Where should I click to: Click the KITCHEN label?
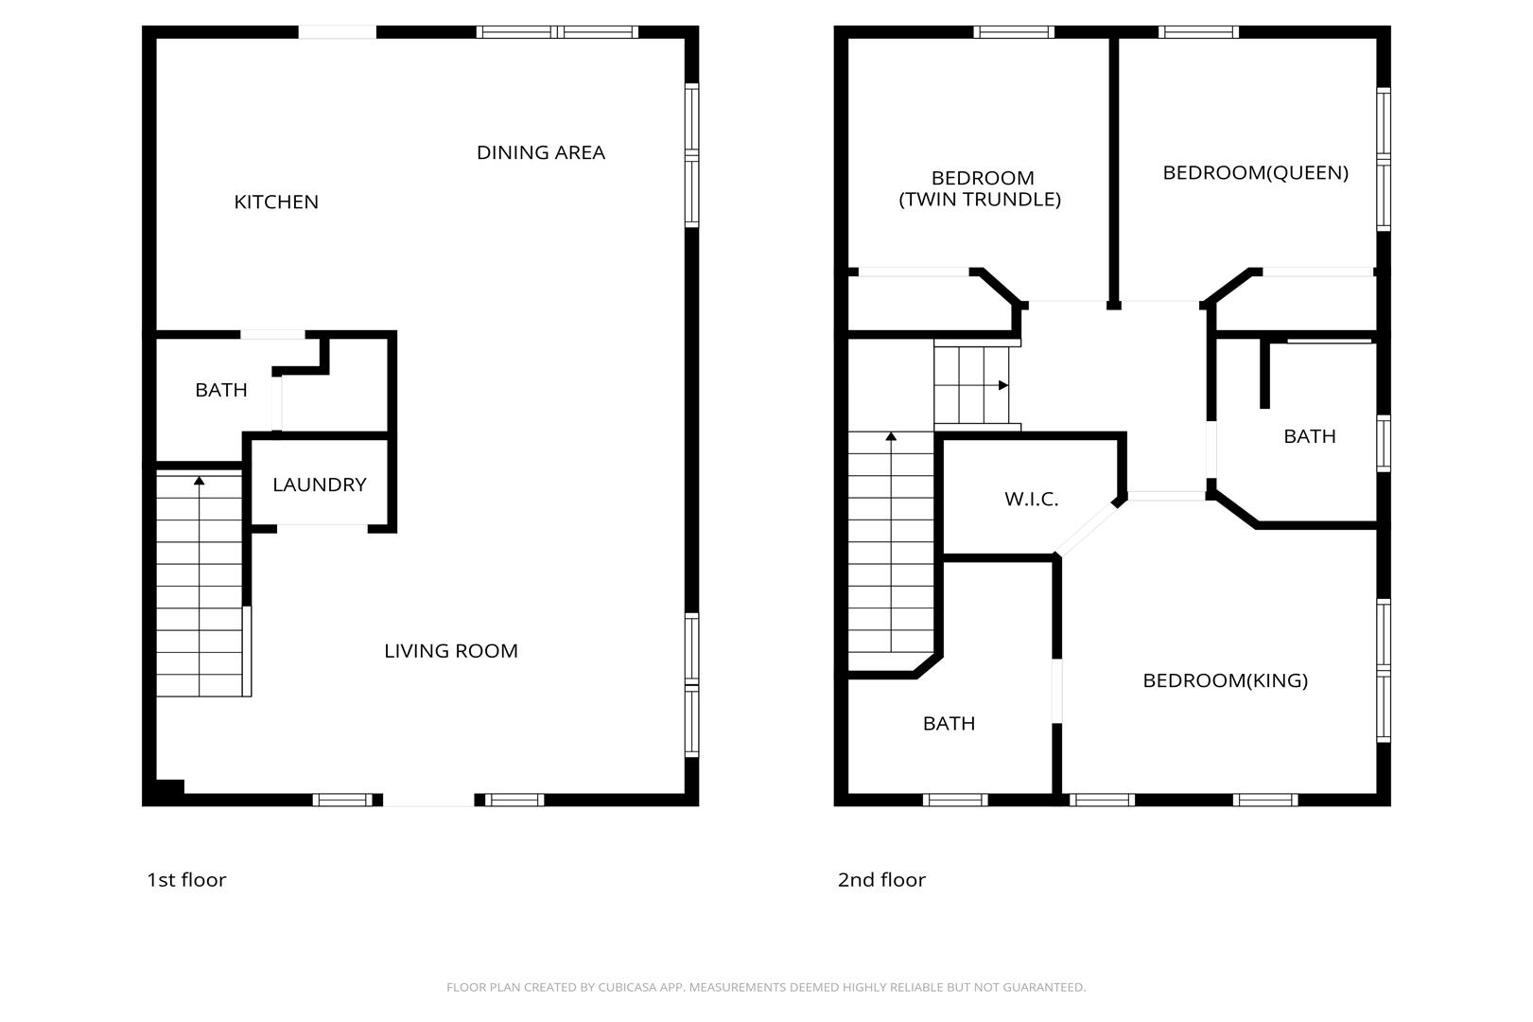pyautogui.click(x=276, y=203)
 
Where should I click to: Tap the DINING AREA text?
pyautogui.click(x=541, y=152)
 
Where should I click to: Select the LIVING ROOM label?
pyautogui.click(x=451, y=651)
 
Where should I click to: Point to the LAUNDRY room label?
pyautogui.click(x=320, y=485)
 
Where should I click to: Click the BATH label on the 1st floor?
pyautogui.click(x=221, y=390)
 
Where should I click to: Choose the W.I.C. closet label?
pyautogui.click(x=1032, y=500)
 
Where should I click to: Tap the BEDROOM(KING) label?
pyautogui.click(x=1225, y=680)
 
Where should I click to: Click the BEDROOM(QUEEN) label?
pyautogui.click(x=1256, y=172)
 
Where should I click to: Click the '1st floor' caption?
pyautogui.click(x=186, y=880)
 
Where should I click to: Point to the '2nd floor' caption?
pyautogui.click(x=881, y=880)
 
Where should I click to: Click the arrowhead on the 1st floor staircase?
pyautogui.click(x=200, y=481)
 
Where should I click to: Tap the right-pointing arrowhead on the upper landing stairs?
pyautogui.click(x=1003, y=386)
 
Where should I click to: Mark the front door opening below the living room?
pyautogui.click(x=428, y=800)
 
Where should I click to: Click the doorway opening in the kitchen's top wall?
pyautogui.click(x=338, y=32)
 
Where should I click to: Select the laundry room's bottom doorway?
pyautogui.click(x=322, y=529)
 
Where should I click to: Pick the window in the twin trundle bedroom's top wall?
pyautogui.click(x=1014, y=32)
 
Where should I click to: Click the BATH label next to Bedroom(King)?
pyautogui.click(x=949, y=723)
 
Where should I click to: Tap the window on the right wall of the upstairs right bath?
pyautogui.click(x=1384, y=443)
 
